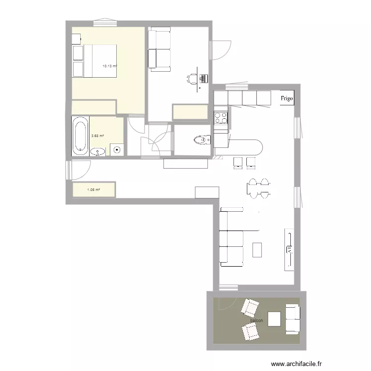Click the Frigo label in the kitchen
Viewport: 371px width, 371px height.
[x=287, y=98]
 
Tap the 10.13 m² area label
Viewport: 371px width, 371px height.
[x=109, y=65]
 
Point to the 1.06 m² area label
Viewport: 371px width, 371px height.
[x=93, y=189]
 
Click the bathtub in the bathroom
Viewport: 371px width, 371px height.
[x=80, y=136]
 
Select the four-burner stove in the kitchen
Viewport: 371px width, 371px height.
[x=221, y=118]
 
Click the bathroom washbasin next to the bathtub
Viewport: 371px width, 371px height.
[x=97, y=152]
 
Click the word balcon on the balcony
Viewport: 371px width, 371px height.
[x=256, y=321]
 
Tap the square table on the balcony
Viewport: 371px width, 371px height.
[x=275, y=319]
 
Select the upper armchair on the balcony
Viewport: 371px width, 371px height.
[x=250, y=308]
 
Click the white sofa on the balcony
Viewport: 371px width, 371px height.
[x=292, y=319]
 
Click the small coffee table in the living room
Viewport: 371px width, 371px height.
[x=257, y=249]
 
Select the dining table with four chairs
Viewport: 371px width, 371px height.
[x=259, y=188]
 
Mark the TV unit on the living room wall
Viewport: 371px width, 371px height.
[x=288, y=249]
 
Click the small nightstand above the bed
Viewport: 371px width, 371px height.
[x=76, y=39]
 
